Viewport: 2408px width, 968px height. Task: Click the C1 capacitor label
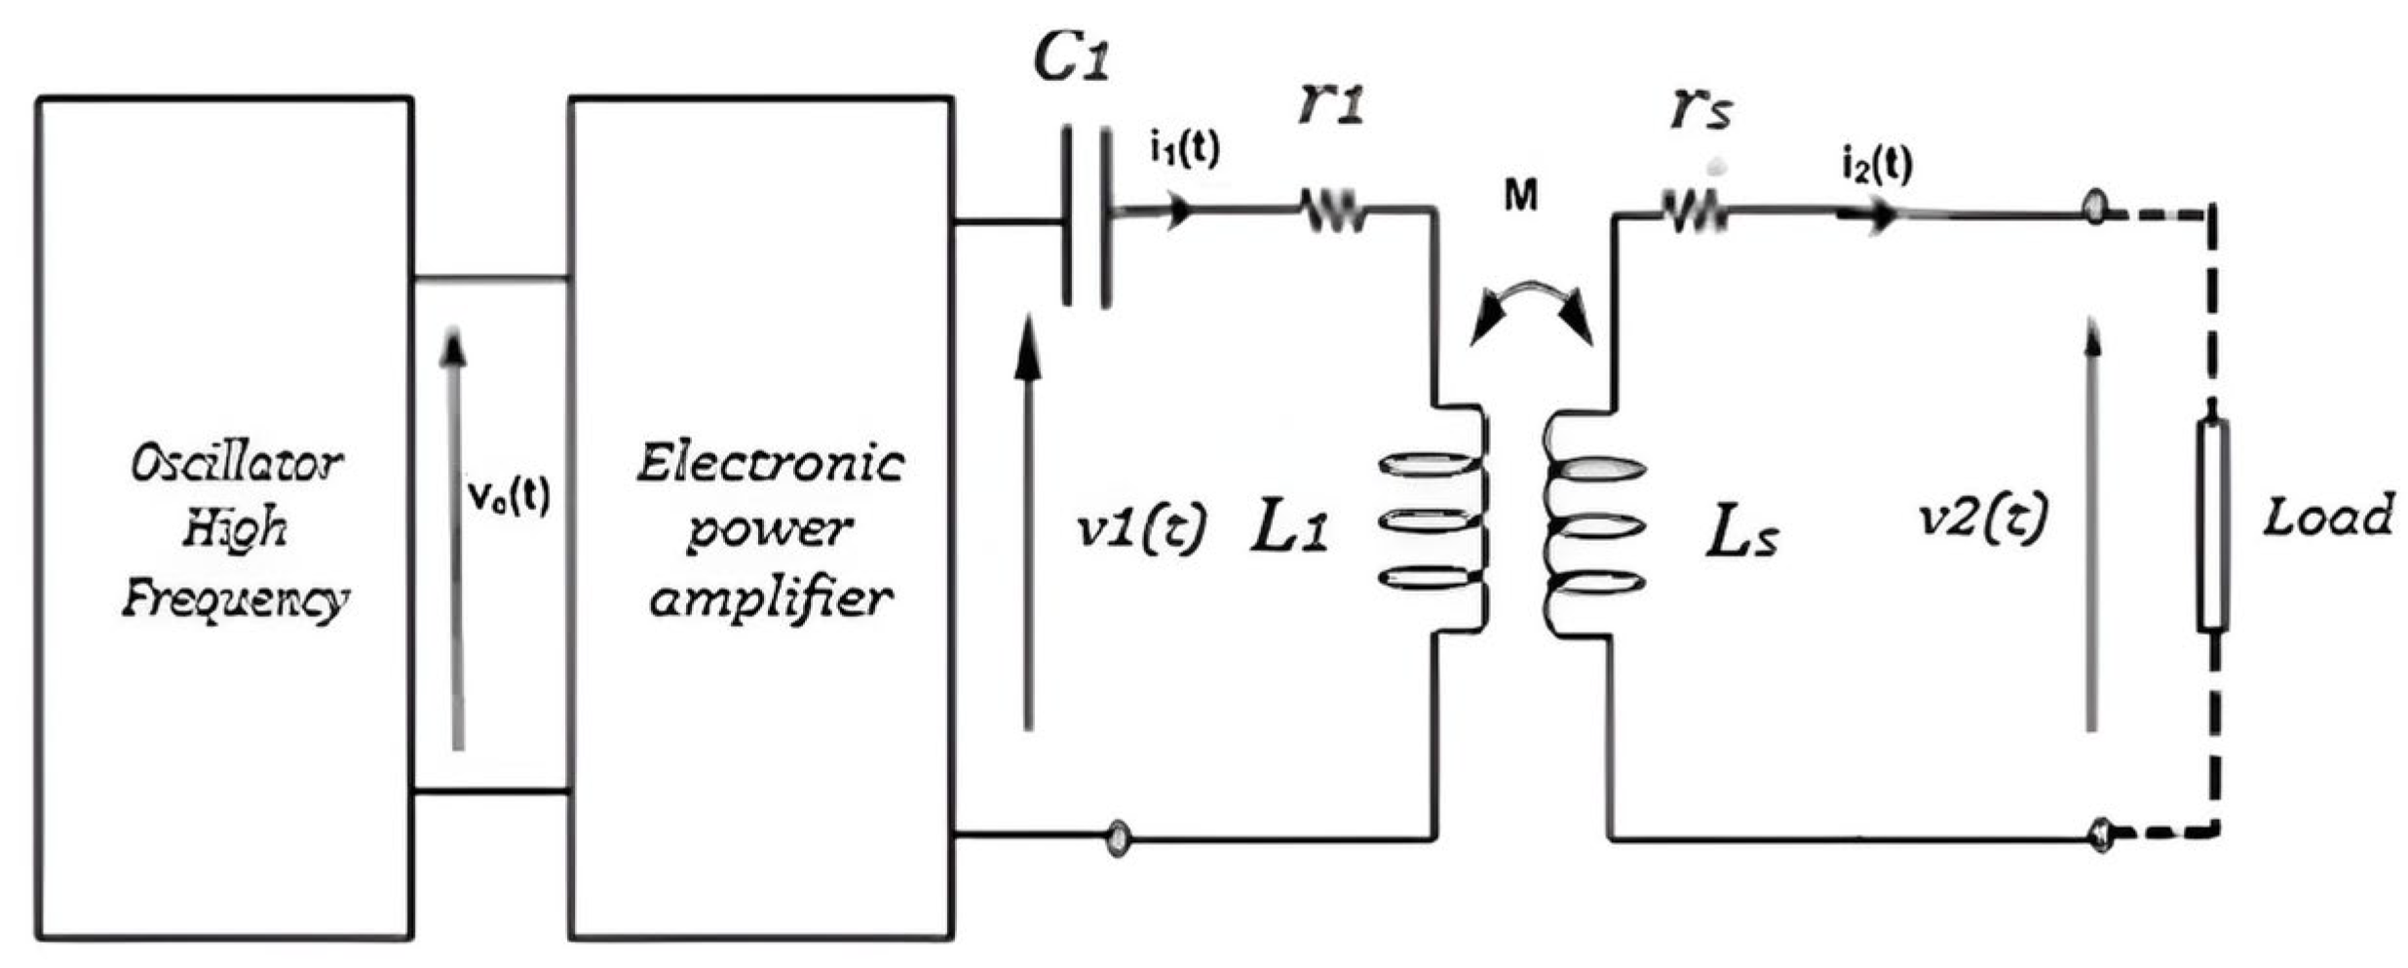tap(1071, 60)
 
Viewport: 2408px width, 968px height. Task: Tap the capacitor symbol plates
tap(1086, 219)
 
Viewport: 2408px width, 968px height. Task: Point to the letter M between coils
tap(1520, 197)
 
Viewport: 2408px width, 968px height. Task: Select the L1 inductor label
tap(1288, 531)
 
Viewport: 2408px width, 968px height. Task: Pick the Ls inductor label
tap(1741, 534)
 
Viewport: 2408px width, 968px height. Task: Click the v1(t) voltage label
tap(1141, 527)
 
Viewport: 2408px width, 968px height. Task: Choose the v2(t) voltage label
tap(1981, 517)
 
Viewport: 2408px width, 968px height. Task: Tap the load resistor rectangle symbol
tap(2213, 526)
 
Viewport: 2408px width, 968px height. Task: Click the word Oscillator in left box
tap(237, 464)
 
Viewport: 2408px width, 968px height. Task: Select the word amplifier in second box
tap(770, 597)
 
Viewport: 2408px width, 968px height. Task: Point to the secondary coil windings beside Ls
tap(1594, 526)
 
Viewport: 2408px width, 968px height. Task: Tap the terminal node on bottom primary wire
tap(1118, 836)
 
